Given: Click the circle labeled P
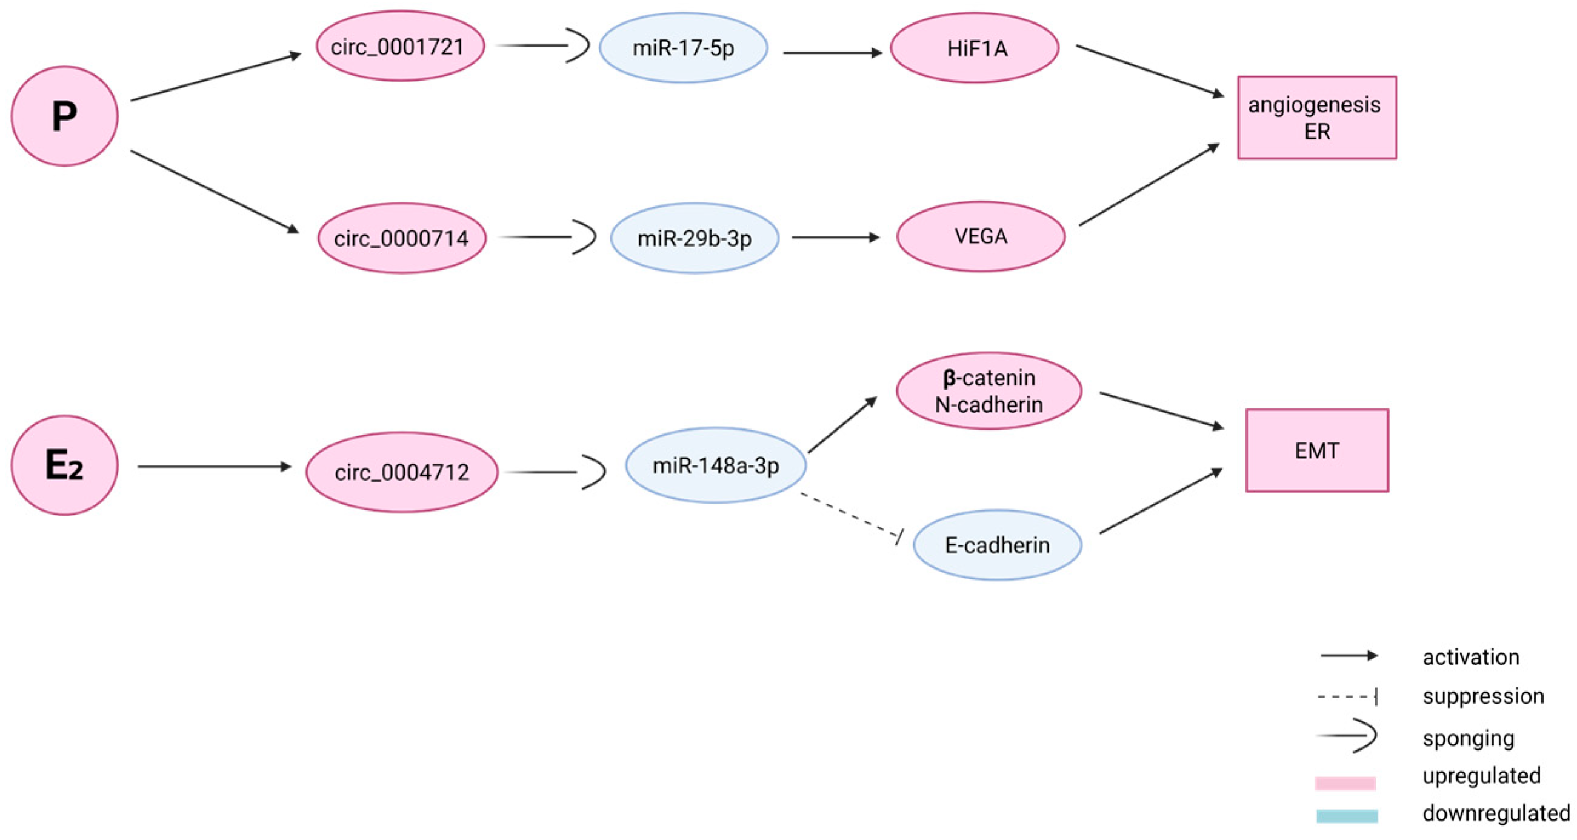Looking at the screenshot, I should (x=64, y=116).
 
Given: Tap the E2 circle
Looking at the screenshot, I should (x=64, y=465).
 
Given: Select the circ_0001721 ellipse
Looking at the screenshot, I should (x=401, y=47).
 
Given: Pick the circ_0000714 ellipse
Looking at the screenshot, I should (x=402, y=238).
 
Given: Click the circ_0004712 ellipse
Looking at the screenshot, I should (x=402, y=472).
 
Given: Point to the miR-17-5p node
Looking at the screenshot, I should (x=683, y=48).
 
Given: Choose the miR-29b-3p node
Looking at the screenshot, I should (x=694, y=238).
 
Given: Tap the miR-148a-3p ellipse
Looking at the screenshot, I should (x=716, y=466).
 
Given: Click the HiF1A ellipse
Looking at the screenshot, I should (x=975, y=48).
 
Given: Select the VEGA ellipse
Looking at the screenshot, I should (x=981, y=236).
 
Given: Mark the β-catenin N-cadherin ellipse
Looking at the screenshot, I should (x=989, y=391).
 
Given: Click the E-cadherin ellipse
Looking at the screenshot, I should (x=997, y=545).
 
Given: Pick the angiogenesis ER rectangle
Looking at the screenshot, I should (x=1317, y=118).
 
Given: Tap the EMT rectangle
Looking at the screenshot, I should (x=1317, y=451).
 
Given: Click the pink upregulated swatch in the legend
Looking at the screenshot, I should (x=1345, y=783).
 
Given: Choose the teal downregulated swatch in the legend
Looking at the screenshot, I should (x=1347, y=816).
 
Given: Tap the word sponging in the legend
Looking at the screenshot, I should (x=1468, y=738).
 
